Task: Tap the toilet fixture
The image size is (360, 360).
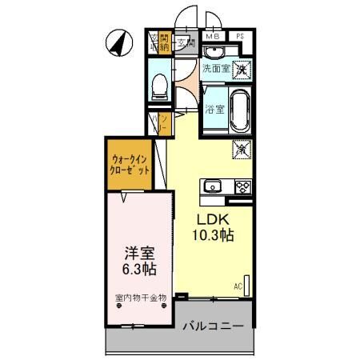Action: click(x=160, y=83)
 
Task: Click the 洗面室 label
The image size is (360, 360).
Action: click(x=215, y=70)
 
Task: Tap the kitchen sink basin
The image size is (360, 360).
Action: click(x=213, y=187)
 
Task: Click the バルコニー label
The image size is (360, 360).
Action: click(x=215, y=326)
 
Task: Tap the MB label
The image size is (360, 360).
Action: click(x=214, y=37)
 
